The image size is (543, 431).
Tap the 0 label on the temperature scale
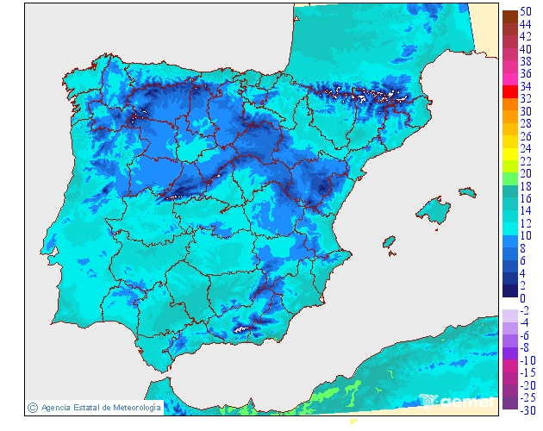pos(523,299)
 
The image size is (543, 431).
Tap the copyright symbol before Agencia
pos(32,407)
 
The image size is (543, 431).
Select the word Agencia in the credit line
pos(56,407)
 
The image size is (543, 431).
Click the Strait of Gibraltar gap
pos(155,372)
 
